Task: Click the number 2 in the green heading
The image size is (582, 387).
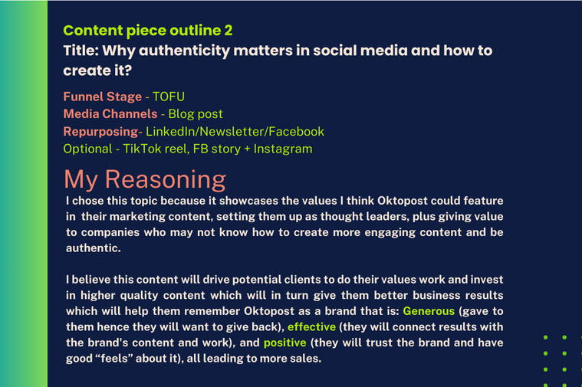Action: (x=229, y=31)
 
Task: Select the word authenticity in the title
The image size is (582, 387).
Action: (x=185, y=51)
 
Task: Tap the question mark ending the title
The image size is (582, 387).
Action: (x=128, y=71)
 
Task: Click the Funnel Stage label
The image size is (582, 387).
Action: (x=103, y=97)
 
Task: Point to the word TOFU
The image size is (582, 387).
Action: (x=169, y=97)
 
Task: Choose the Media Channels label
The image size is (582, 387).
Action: (x=110, y=114)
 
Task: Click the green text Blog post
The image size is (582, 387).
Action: (x=196, y=114)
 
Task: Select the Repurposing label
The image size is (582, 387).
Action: (x=100, y=132)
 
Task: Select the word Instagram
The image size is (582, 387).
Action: (x=283, y=149)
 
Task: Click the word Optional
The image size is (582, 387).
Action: (x=87, y=149)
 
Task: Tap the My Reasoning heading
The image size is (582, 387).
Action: (x=145, y=179)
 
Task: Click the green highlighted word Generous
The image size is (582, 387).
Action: (x=429, y=311)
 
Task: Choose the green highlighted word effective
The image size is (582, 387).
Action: (x=312, y=327)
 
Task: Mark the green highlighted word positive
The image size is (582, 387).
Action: (x=285, y=343)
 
